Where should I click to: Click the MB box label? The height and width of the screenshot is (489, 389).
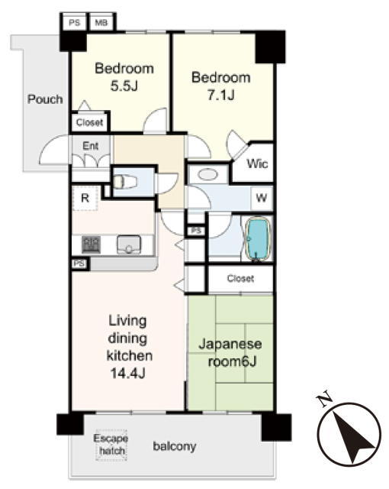(x=101, y=23)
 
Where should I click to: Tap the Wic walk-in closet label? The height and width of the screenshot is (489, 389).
(x=257, y=163)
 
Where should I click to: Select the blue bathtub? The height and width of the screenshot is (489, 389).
(x=259, y=238)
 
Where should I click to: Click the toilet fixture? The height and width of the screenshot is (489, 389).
(x=125, y=182)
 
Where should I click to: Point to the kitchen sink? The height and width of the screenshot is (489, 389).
(x=129, y=244)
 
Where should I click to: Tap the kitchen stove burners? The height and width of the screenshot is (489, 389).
(x=91, y=244)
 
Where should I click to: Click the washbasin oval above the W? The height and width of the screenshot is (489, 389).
(x=208, y=174)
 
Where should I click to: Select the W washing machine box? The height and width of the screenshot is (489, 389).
(x=262, y=198)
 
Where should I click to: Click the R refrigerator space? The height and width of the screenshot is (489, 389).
(x=85, y=198)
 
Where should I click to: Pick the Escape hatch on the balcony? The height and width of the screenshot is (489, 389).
(x=111, y=445)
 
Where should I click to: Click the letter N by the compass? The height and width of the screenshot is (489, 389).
(x=323, y=400)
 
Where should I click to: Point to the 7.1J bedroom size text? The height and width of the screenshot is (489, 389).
(x=220, y=95)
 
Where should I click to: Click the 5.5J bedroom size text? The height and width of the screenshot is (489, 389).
(x=124, y=86)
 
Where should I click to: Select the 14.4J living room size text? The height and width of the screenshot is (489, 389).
(x=128, y=373)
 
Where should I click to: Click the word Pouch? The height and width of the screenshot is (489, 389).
(x=45, y=99)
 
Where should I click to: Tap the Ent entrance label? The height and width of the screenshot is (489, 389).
(x=91, y=146)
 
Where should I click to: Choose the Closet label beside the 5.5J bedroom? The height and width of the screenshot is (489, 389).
(x=90, y=122)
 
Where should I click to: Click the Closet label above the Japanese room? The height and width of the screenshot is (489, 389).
(x=240, y=278)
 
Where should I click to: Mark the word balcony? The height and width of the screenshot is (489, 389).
(x=175, y=446)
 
